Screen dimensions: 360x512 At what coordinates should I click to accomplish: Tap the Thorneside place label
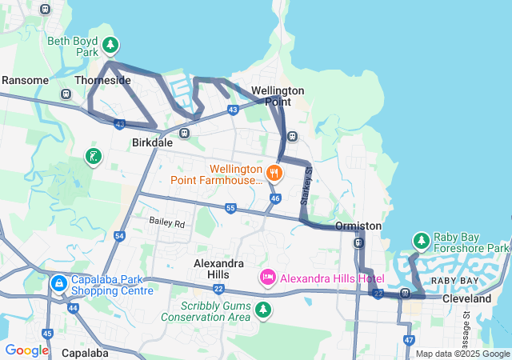102,81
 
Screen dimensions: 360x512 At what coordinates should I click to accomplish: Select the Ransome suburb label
26,81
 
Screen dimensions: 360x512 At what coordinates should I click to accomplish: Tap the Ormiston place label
358,226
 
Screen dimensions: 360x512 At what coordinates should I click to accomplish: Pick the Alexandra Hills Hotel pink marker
268,278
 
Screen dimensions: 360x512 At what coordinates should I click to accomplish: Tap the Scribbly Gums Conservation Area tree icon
263,309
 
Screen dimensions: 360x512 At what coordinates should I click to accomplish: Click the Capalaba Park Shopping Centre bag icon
58,283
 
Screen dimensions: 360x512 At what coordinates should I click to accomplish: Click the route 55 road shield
230,208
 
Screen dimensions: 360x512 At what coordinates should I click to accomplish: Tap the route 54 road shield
119,236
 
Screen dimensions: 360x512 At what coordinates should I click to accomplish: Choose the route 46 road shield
275,198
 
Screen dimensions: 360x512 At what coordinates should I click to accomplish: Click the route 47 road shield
409,340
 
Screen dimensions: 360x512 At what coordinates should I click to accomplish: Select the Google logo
26,350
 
